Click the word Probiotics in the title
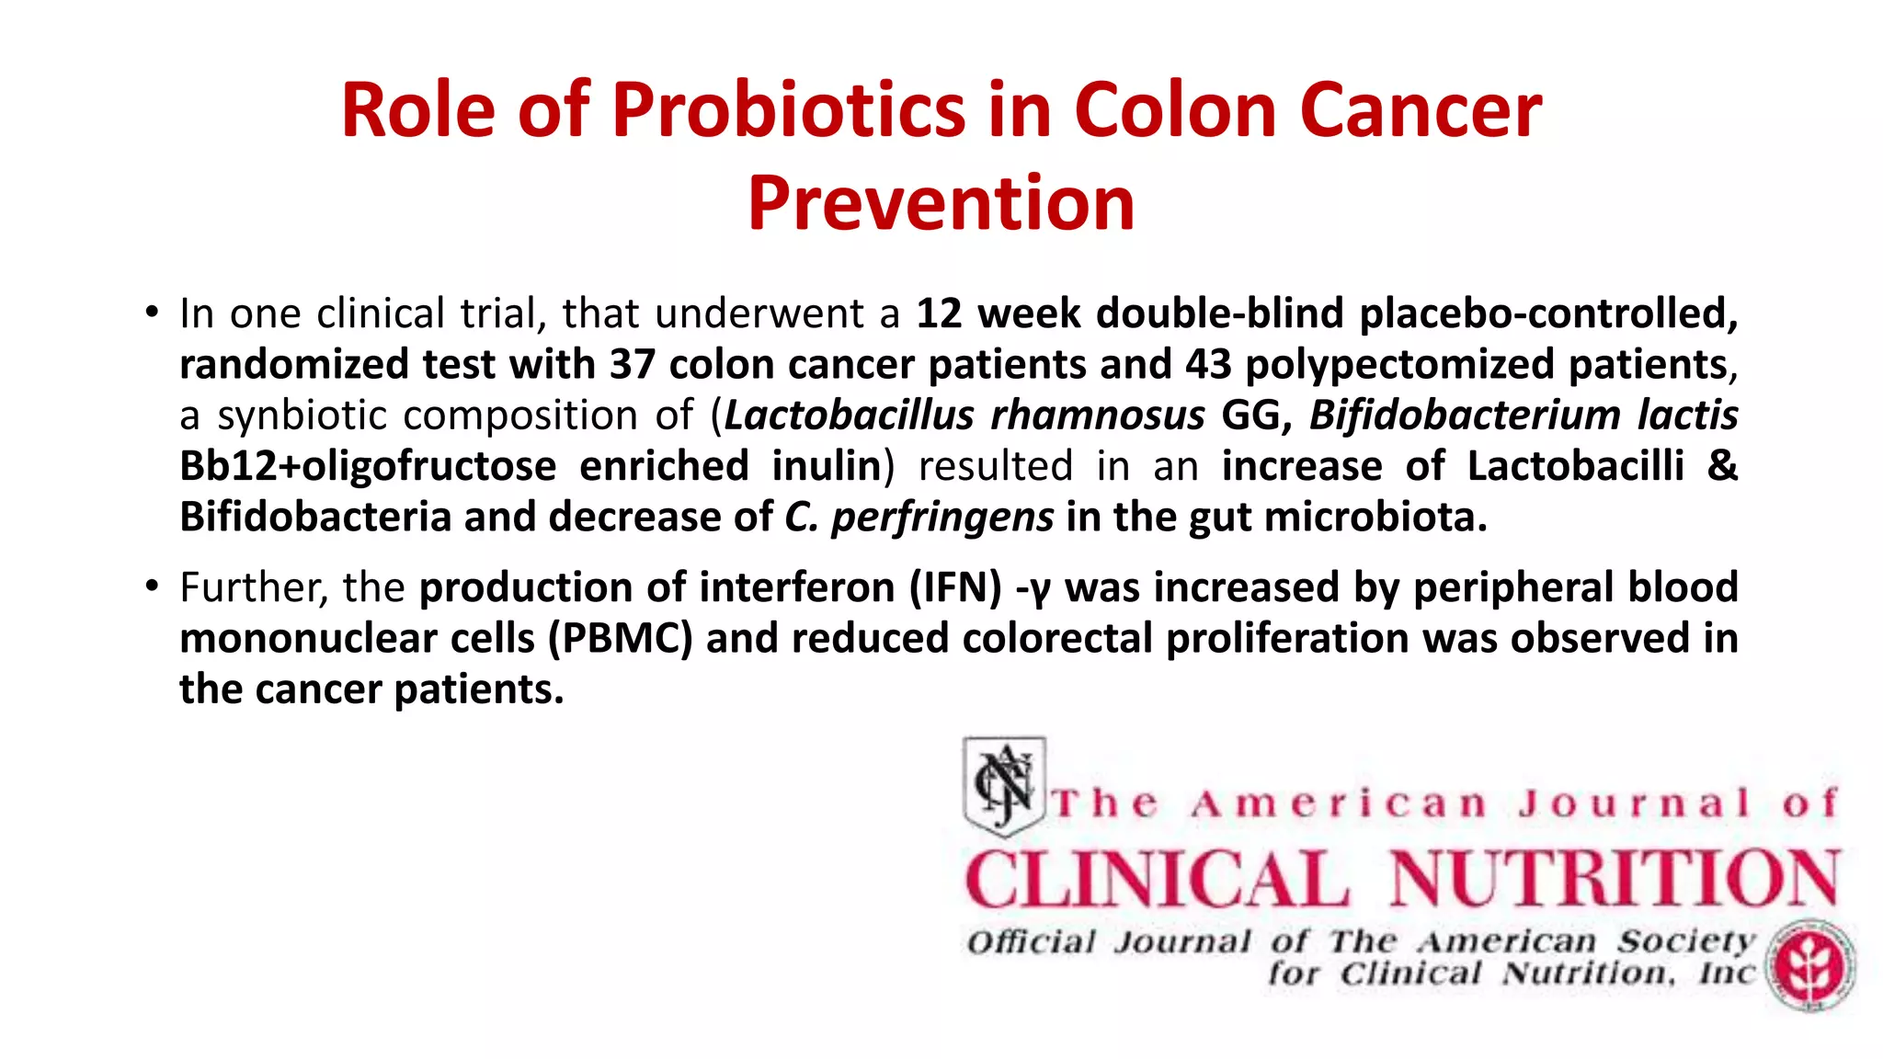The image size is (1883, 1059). [x=789, y=111]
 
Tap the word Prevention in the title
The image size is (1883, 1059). [x=941, y=203]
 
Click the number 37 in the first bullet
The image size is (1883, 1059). [x=632, y=365]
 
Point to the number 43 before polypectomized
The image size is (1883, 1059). [x=1208, y=365]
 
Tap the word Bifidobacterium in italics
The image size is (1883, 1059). [x=1464, y=416]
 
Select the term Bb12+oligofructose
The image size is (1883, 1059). [x=368, y=466]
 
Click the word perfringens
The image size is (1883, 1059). [x=942, y=518]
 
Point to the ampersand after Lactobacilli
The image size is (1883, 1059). [x=1721, y=466]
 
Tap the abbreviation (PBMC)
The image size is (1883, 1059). [x=620, y=639]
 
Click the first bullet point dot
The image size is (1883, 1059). [x=153, y=312]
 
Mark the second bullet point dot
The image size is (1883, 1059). [x=153, y=586]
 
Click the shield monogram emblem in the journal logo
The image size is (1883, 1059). [x=1004, y=785]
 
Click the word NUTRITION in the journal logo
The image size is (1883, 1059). [x=1615, y=879]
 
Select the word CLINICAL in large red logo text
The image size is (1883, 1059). [x=1157, y=879]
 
